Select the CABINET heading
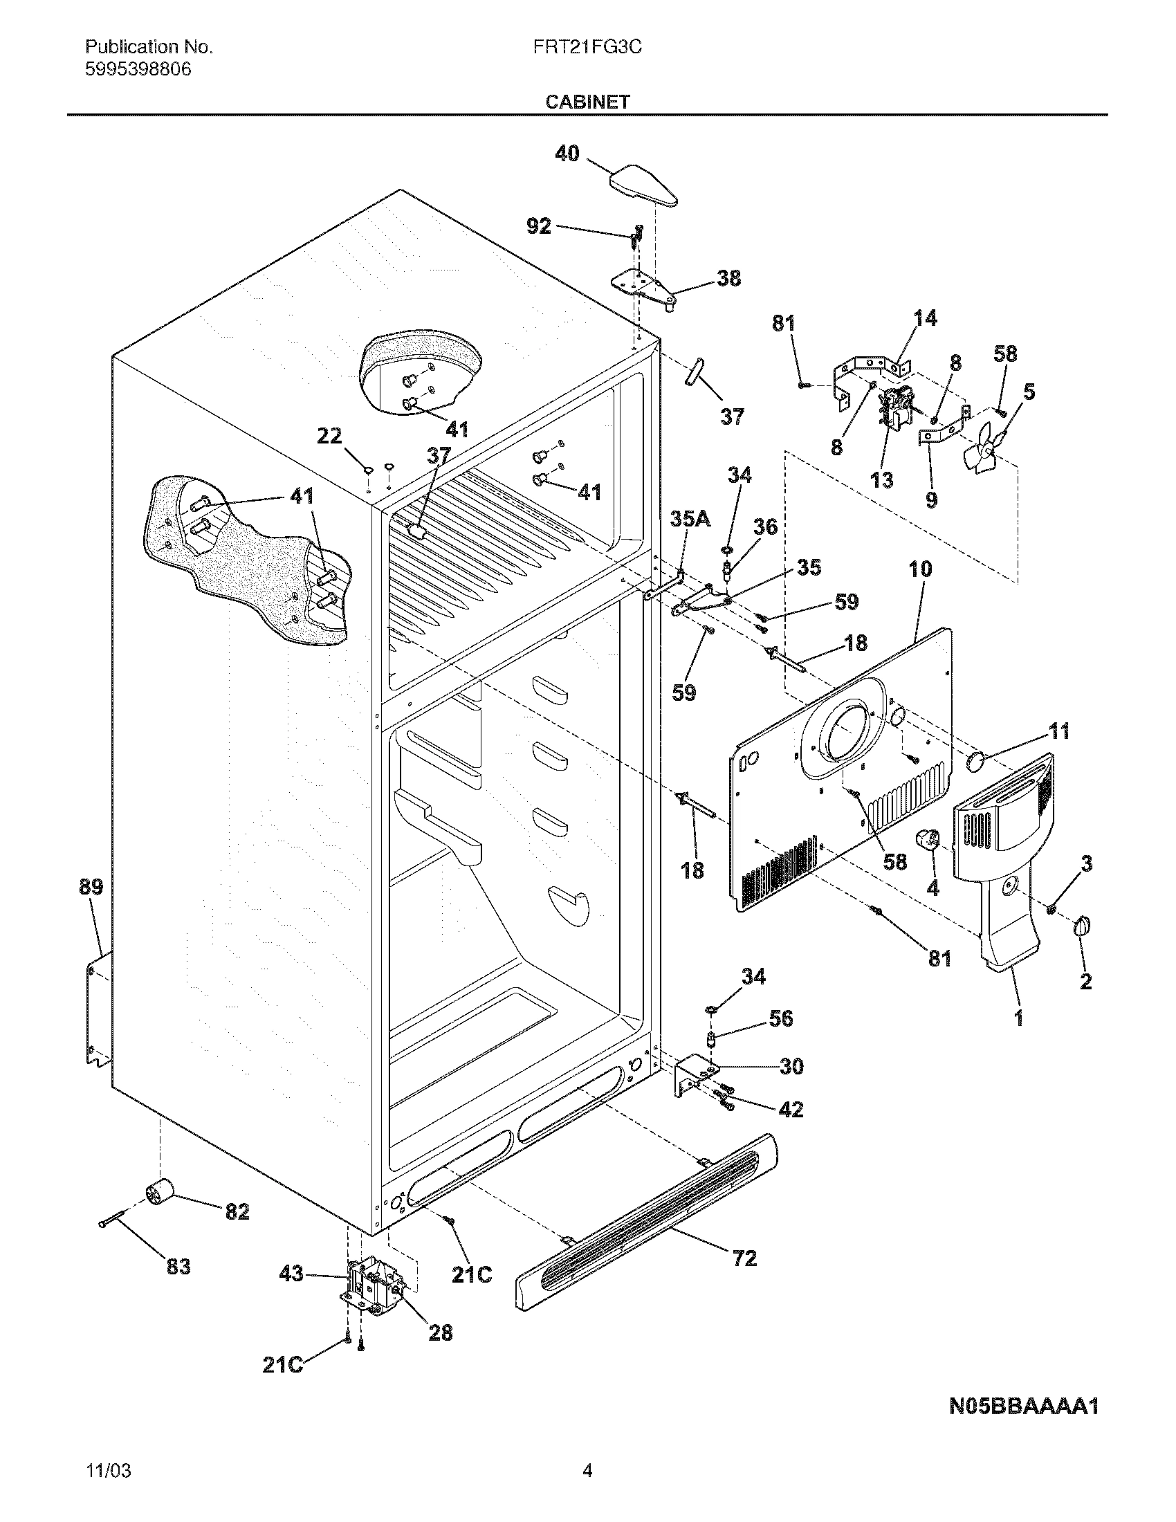coord(587,102)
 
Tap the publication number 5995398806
coord(138,70)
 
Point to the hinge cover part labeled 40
coord(644,185)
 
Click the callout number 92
coord(538,226)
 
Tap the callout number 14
coord(924,318)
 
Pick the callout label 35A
coord(690,519)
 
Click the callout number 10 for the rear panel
coord(919,569)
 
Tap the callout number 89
coord(91,887)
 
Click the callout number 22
coord(329,437)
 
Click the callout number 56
coord(780,1019)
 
